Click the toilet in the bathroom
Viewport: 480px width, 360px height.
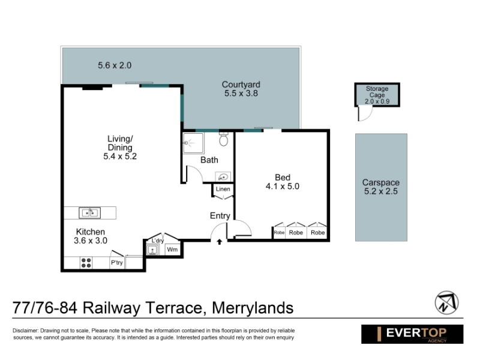[x=224, y=139]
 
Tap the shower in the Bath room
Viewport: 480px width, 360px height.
[x=193, y=143]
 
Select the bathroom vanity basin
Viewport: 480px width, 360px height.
[x=223, y=177]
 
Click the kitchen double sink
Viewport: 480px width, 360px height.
[x=89, y=213]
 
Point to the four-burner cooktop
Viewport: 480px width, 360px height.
[x=86, y=263]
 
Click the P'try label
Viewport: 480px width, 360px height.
[x=116, y=263]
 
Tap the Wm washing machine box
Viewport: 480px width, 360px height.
[x=172, y=250]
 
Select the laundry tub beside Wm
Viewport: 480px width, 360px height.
[x=152, y=250]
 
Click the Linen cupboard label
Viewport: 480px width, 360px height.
[x=223, y=189]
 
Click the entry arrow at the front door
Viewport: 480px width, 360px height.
[x=219, y=242]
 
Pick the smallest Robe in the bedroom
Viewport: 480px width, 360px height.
[x=279, y=232]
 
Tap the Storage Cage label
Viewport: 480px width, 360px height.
[x=377, y=92]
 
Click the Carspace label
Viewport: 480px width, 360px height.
[x=381, y=182]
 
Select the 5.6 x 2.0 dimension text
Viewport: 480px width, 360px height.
[x=115, y=65]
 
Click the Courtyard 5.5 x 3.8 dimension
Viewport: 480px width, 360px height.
[x=241, y=94]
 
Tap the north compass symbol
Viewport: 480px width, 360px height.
[x=446, y=303]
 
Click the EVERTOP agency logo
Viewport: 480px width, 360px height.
[x=412, y=334]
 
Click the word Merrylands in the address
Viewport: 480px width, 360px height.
[x=253, y=308]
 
